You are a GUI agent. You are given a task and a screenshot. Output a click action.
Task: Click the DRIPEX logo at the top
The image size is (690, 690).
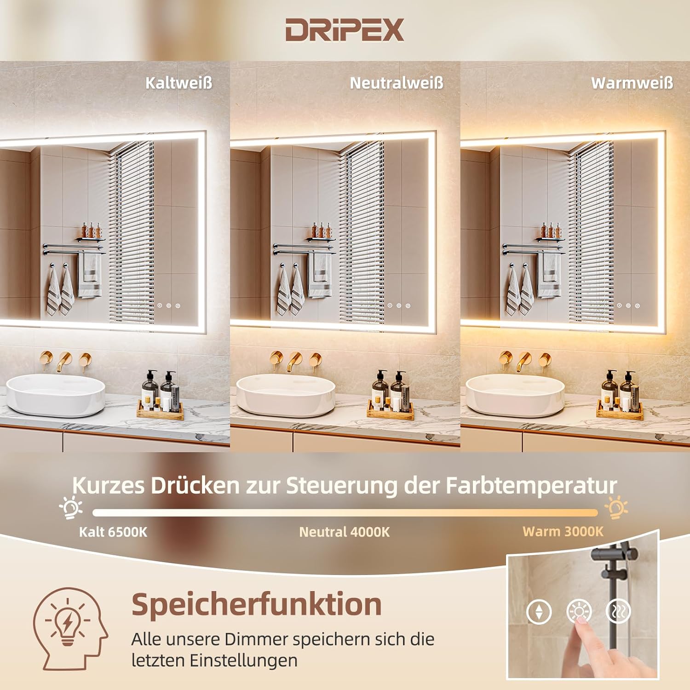coord(345,30)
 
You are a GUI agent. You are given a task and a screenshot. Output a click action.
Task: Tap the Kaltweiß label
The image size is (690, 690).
coord(178,83)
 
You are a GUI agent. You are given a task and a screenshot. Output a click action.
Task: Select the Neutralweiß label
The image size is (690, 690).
coord(397,83)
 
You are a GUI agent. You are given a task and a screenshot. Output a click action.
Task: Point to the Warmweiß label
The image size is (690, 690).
coord(632,83)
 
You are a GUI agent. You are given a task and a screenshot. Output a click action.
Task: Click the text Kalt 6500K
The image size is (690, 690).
coord(113,532)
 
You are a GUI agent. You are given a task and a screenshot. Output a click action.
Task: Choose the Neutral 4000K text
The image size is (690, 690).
coord(344,532)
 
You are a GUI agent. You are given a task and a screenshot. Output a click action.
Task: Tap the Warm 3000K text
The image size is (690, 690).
coord(563,532)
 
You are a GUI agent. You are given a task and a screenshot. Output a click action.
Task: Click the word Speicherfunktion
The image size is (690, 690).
coord(257,604)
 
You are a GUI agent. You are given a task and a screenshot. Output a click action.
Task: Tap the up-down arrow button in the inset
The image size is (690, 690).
coord(539,612)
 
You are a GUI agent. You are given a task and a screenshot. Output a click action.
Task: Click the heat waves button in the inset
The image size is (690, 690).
coord(618,611)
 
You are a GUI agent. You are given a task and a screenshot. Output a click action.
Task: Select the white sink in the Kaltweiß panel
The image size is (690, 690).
coord(56,395)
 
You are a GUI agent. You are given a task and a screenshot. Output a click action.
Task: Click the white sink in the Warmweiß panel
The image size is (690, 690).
coord(515,395)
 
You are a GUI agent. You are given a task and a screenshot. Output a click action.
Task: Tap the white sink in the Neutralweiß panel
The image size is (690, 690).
coord(286,395)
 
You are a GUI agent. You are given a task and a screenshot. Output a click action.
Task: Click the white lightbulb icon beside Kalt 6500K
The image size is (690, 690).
coord(71,507)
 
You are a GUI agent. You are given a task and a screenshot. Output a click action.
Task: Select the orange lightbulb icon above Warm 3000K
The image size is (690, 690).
coord(616,507)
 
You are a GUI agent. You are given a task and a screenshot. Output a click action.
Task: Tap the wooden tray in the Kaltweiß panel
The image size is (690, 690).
coord(160,410)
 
